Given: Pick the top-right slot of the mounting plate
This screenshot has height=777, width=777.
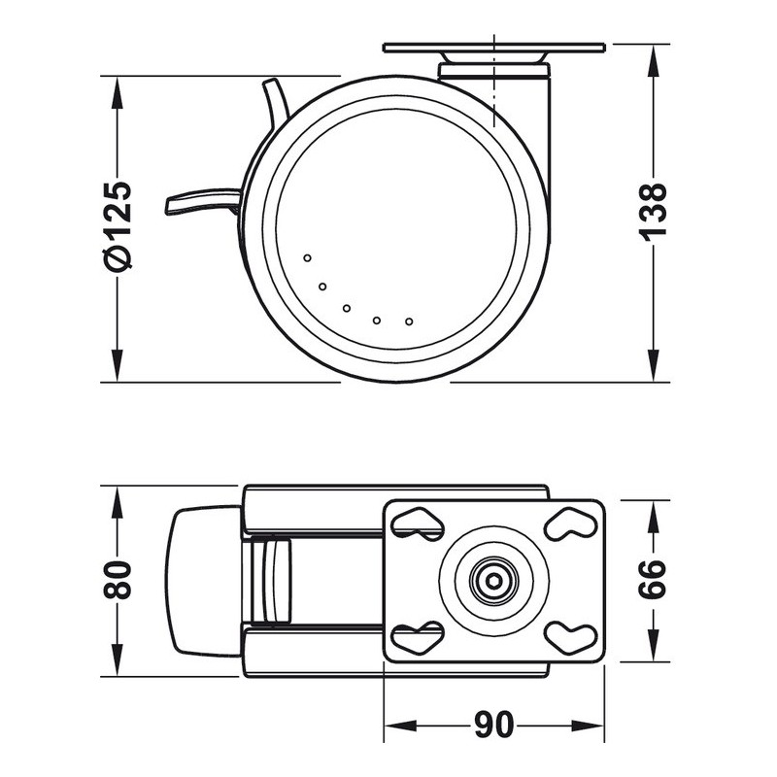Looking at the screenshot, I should tap(570, 524).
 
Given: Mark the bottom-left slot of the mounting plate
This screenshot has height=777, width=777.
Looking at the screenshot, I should tap(417, 637).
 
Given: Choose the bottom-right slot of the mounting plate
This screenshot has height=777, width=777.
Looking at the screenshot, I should tap(570, 637).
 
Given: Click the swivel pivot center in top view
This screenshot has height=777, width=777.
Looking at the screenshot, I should tap(493, 581).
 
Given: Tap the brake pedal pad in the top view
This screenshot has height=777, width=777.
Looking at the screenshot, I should tap(204, 581).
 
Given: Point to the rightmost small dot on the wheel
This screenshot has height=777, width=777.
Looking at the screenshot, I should tap(409, 321).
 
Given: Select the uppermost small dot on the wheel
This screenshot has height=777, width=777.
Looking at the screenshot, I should tap(307, 258).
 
